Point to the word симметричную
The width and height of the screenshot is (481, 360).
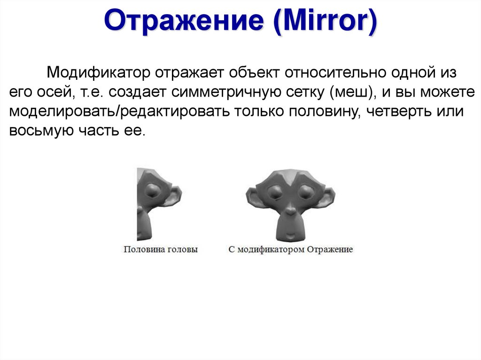point(225,92)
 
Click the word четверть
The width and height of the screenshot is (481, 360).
point(402,112)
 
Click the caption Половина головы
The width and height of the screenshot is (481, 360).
point(161,249)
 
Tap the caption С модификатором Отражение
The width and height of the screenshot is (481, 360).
point(291,249)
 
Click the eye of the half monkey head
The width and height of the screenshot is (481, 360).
point(154,191)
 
